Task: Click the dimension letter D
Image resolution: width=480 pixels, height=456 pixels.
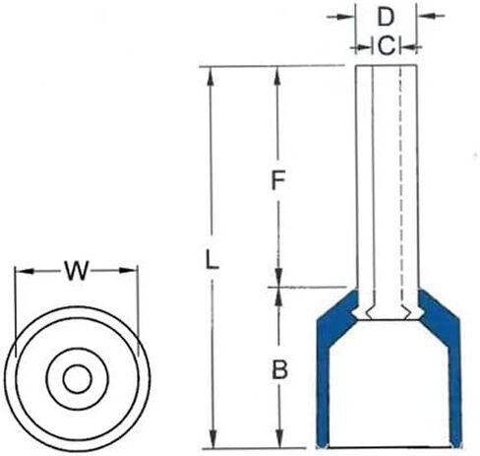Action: (x=386, y=17)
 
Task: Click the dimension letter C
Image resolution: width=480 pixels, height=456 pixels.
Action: (x=387, y=45)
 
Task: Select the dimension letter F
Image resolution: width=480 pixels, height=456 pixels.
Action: (x=278, y=180)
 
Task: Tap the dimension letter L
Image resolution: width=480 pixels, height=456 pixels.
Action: (x=211, y=259)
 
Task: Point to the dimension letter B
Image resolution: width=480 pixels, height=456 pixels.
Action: (x=279, y=369)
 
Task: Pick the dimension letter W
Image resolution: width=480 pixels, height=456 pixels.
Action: (x=77, y=271)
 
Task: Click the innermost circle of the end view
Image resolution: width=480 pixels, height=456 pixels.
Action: (x=78, y=379)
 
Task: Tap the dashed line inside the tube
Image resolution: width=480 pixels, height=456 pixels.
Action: (x=400, y=189)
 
